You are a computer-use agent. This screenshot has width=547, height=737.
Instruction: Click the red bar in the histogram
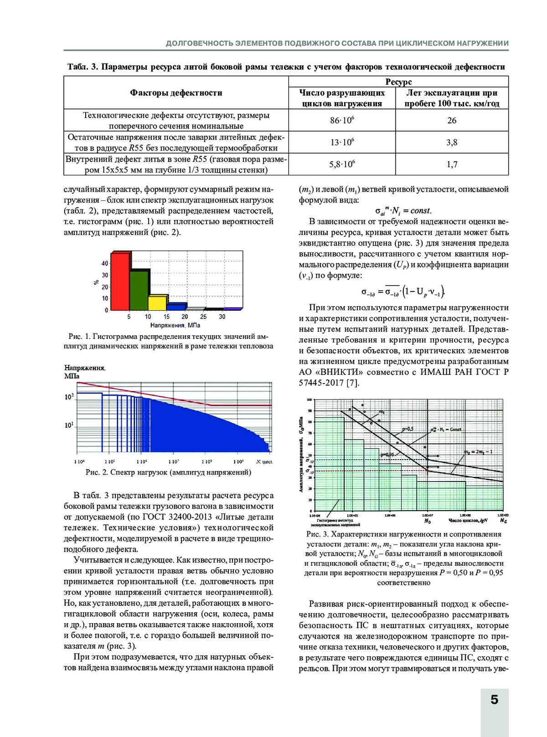pos(120,281)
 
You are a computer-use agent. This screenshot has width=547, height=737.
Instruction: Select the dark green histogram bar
pos(139,290)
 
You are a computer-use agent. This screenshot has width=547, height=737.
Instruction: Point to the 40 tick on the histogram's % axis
pos(105,264)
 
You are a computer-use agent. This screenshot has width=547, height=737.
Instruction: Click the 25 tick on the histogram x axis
pos(203,317)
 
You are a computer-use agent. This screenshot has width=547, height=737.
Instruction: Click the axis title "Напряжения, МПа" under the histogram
pos(175,325)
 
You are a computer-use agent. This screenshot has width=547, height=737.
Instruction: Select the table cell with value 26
pos(452,121)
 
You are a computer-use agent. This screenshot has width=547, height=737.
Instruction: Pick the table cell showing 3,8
pos(452,143)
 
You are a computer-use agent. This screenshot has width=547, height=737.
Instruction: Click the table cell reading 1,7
pos(452,164)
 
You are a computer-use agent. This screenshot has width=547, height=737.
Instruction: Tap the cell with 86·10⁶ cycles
pos(342,121)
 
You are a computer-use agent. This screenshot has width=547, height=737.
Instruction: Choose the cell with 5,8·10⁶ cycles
pos(342,164)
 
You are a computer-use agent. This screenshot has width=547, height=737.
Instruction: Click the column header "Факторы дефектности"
pos(176,93)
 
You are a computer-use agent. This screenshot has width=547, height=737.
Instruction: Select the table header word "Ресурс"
pos(398,82)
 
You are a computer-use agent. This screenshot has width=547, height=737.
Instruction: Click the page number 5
pos(495,700)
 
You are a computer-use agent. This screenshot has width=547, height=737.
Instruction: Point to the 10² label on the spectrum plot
pos(69,397)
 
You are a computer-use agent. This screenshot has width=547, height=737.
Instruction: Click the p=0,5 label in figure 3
pos(408,429)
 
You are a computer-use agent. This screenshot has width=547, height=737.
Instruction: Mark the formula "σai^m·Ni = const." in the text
pos(403,211)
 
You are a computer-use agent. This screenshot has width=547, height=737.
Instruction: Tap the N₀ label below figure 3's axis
pos(428,521)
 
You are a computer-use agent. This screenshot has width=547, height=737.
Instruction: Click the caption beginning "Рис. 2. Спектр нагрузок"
pos(168,472)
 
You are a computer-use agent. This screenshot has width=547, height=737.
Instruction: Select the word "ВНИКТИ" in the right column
pos(341,372)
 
